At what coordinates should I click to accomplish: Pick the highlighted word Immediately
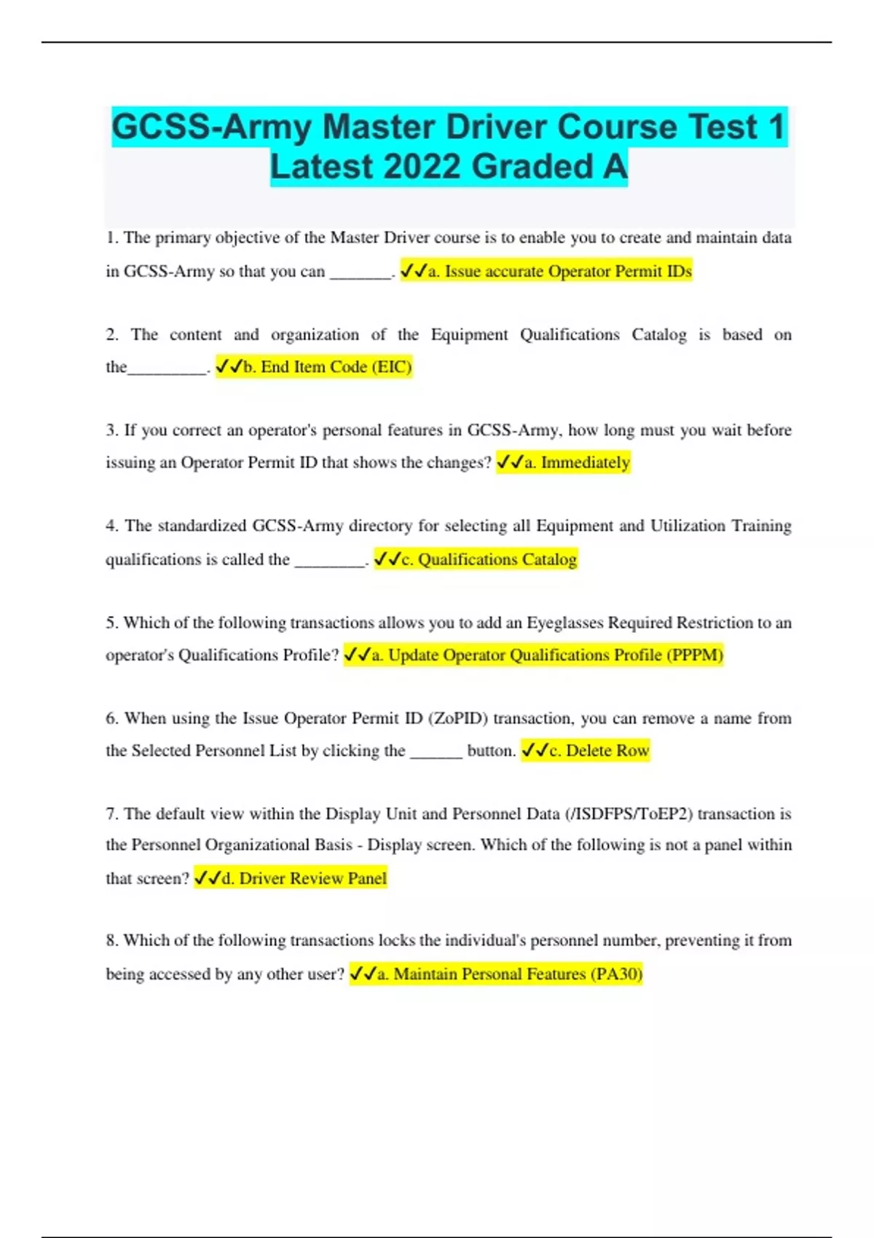585,462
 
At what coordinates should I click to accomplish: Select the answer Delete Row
607,751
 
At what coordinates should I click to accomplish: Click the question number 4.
111,526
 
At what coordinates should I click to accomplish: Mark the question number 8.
111,940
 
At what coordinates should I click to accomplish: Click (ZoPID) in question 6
458,719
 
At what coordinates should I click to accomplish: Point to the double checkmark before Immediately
509,462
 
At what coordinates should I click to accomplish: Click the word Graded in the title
532,167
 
